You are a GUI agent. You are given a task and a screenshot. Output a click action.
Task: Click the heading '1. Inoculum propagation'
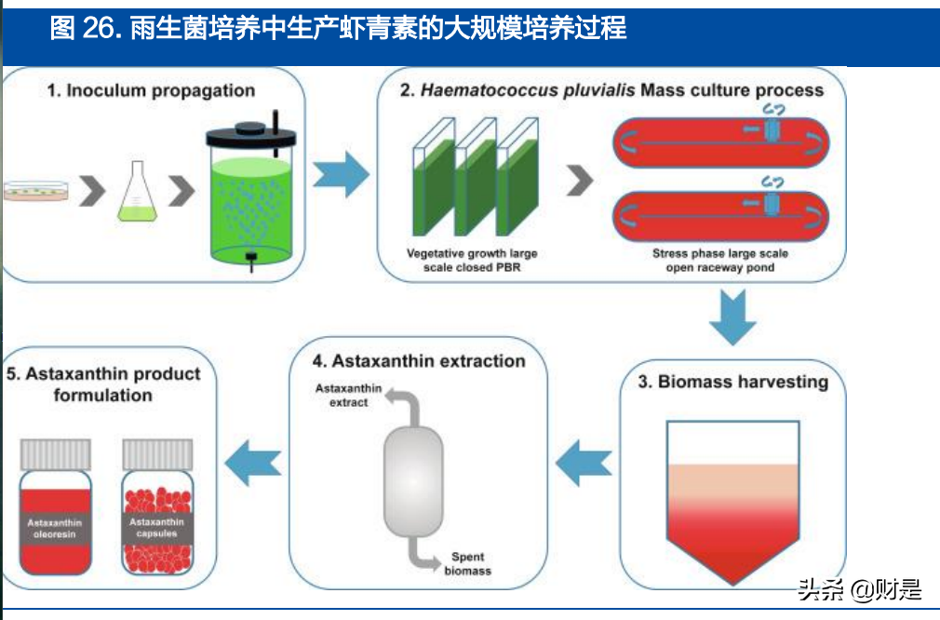(151, 91)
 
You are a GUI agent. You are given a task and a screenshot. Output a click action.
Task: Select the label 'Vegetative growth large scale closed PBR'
(472, 261)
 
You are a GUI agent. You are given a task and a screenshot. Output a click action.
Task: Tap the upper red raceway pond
(719, 142)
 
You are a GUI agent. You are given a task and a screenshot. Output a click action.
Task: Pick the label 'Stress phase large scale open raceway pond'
(719, 261)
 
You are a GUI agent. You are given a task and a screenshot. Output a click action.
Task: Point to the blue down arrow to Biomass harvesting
(732, 317)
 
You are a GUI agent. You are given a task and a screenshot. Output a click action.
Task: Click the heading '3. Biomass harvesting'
(732, 382)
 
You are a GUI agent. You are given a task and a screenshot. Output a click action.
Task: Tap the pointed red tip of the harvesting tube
(732, 568)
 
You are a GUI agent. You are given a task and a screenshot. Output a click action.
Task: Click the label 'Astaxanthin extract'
(342, 396)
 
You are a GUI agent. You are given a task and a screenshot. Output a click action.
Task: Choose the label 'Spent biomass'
(467, 564)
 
